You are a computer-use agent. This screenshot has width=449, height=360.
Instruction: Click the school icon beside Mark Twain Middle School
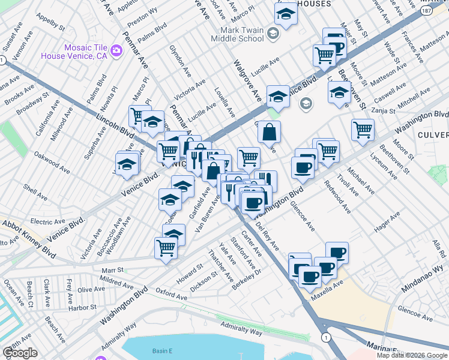pos(273,34)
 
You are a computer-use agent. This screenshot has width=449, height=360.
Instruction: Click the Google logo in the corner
pos(20,353)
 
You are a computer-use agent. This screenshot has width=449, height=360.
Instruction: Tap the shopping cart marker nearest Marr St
pos(166,248)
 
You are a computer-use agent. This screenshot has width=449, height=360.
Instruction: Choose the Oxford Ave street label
pos(172,294)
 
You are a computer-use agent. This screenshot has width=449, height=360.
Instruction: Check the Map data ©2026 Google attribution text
pos(412,355)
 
